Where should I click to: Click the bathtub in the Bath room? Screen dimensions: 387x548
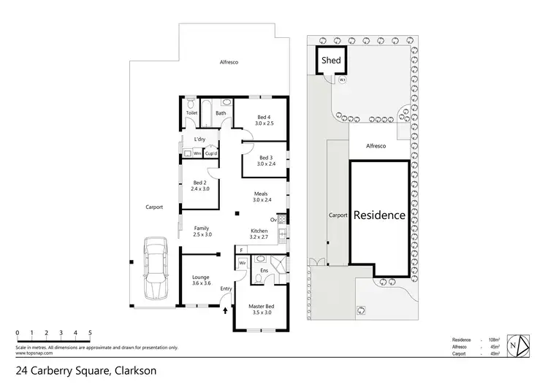coord(207,112)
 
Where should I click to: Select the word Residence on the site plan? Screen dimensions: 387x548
coord(379,215)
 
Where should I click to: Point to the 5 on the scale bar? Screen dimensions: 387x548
coord(90,333)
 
